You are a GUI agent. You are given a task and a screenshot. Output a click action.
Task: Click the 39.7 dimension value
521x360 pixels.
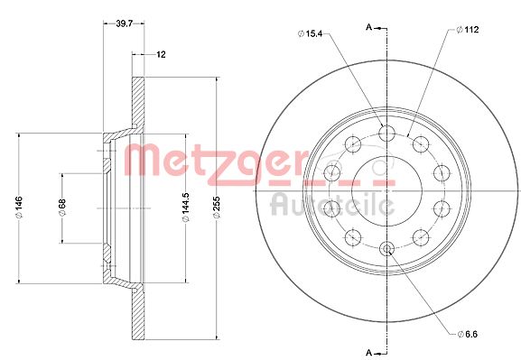tap(124, 23)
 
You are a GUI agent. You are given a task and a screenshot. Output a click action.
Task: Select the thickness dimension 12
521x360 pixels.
tap(161, 54)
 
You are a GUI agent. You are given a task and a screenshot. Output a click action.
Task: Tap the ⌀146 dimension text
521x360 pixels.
tap(19, 208)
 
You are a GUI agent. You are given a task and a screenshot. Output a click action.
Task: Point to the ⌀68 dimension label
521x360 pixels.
tap(62, 208)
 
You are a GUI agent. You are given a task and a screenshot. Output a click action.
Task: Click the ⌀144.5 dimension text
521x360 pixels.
tap(185, 208)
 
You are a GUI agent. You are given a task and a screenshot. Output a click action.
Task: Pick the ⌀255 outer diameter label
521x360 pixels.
tap(217, 208)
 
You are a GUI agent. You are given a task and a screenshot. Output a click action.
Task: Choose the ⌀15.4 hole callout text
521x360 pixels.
tap(310, 33)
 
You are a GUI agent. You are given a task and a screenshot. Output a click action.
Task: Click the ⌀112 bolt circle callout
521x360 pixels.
tap(467, 30)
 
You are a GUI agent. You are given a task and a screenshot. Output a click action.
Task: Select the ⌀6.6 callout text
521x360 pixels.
tap(467, 334)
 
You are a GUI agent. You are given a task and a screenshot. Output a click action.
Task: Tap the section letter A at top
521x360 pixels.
tap(368, 27)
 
